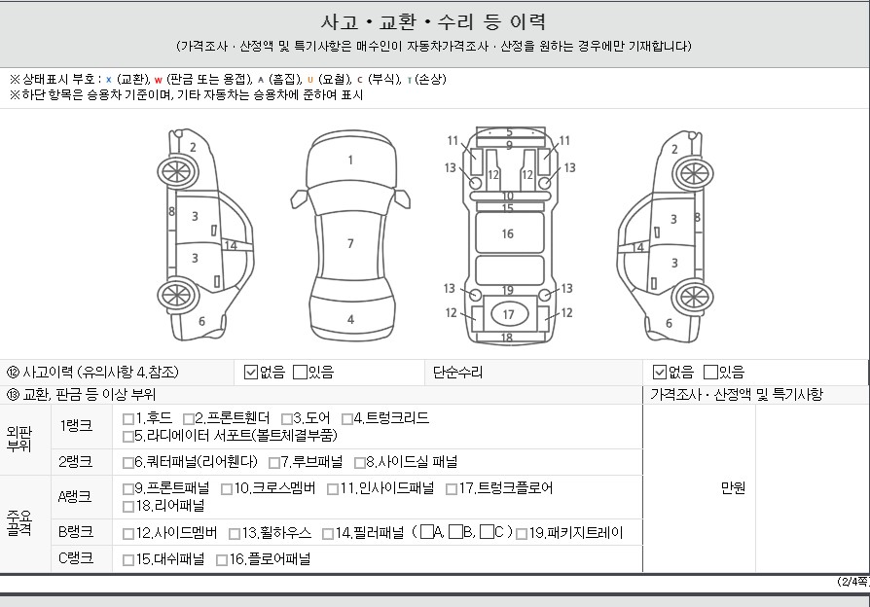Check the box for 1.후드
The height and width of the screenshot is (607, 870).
click(128, 419)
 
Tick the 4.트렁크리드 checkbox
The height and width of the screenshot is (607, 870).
click(347, 419)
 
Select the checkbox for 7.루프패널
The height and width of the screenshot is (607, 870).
click(274, 463)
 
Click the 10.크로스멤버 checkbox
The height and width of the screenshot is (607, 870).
click(227, 489)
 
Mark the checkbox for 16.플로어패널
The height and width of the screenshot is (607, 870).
click(222, 560)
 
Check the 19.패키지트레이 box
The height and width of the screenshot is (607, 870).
click(522, 534)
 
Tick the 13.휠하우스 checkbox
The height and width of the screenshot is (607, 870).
click(235, 534)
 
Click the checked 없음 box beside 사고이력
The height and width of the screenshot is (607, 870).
click(251, 373)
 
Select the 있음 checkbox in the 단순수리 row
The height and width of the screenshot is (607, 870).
click(710, 372)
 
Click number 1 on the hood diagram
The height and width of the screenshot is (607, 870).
click(350, 161)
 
